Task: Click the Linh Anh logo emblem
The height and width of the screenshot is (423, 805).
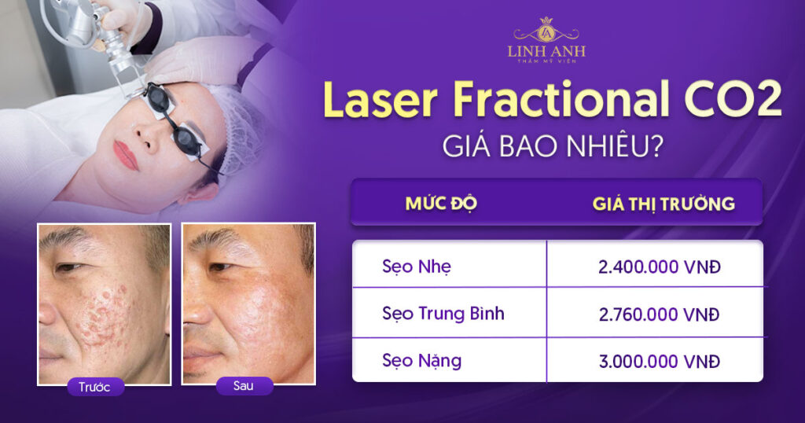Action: pyautogui.click(x=546, y=31)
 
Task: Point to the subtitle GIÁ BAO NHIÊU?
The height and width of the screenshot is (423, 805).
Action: pyautogui.click(x=553, y=145)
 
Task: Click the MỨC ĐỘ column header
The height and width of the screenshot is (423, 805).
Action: pyautogui.click(x=441, y=204)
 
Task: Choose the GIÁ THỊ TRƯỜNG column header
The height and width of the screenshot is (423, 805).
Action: pyautogui.click(x=663, y=204)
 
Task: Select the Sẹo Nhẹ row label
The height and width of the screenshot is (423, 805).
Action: pyautogui.click(x=417, y=267)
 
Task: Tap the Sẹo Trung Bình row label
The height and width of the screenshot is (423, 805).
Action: pyautogui.click(x=443, y=314)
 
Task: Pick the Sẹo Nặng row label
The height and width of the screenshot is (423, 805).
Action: pyautogui.click(x=421, y=361)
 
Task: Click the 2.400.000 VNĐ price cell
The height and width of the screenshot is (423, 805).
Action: pyautogui.click(x=660, y=267)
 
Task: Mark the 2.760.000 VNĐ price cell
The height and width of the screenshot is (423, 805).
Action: pyautogui.click(x=660, y=314)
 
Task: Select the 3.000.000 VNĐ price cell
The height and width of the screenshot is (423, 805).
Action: pyautogui.click(x=660, y=362)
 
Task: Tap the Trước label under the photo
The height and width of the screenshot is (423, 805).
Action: pyautogui.click(x=94, y=387)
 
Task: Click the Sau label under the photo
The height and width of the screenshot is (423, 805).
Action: pyautogui.click(x=244, y=385)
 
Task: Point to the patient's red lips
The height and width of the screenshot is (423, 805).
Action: pyautogui.click(x=125, y=155)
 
